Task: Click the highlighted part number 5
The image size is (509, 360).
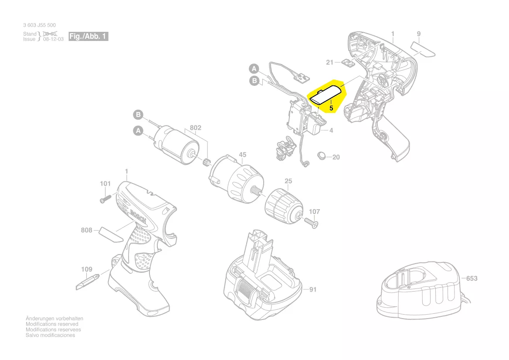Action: (x=331, y=107)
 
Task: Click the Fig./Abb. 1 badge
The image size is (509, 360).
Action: (x=88, y=36)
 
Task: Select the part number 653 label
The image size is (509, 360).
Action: (x=472, y=278)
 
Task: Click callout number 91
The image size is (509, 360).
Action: (x=312, y=289)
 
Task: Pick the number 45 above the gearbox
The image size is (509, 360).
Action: (x=243, y=155)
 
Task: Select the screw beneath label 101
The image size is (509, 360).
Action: (x=103, y=199)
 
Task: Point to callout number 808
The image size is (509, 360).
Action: (x=87, y=230)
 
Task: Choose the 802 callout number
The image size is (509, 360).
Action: (x=196, y=128)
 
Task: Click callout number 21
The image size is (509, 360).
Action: (x=330, y=63)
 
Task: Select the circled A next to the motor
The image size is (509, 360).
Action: (x=138, y=130)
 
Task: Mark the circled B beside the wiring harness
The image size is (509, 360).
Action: (x=254, y=80)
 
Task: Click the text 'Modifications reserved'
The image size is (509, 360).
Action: (x=52, y=324)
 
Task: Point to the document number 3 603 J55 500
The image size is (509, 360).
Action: (x=40, y=25)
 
